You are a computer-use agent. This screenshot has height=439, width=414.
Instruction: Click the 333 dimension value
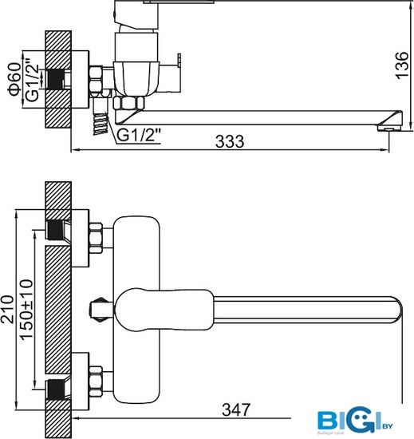pyautogui.click(x=230, y=141)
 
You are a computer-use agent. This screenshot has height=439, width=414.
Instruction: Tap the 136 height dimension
pyautogui.click(x=402, y=65)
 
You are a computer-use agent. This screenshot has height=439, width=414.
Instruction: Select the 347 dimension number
pyautogui.click(x=236, y=410)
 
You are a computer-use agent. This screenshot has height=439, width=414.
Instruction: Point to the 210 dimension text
pyautogui.click(x=8, y=309)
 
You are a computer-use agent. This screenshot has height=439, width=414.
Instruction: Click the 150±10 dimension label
pyautogui.click(x=27, y=310)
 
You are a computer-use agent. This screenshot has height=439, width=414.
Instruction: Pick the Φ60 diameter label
pyautogui.click(x=15, y=79)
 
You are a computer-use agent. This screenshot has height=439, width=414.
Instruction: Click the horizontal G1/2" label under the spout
pyautogui.click(x=139, y=135)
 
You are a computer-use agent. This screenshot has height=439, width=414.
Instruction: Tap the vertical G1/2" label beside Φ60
pyautogui.click(x=32, y=79)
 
